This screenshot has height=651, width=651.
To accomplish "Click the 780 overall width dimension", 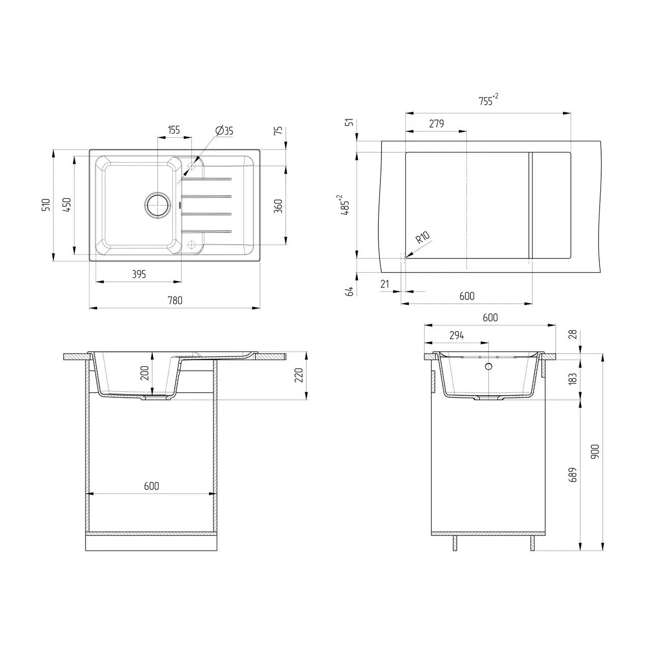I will (174, 301).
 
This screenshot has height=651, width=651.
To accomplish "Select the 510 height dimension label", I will (46, 204).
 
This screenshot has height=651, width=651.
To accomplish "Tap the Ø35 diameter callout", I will (224, 131).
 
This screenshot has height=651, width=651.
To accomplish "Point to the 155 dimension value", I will (174, 130).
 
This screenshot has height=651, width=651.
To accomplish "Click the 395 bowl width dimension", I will (138, 275).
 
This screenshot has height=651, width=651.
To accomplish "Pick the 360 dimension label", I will (278, 206).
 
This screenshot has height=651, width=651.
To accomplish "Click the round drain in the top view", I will (158, 205).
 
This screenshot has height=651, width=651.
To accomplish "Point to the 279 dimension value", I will (436, 124).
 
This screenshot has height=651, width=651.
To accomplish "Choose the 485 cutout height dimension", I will (345, 205).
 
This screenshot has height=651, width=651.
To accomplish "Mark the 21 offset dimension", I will (384, 284).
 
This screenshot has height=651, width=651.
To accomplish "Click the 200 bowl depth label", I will (144, 373).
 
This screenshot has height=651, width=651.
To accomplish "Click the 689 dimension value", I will (573, 475).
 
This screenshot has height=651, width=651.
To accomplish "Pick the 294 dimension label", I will (457, 335).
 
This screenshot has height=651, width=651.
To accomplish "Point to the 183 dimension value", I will (573, 379).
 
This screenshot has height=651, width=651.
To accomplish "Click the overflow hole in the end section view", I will (489, 366).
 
